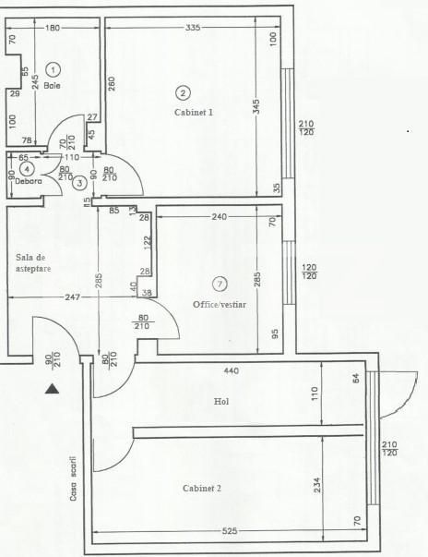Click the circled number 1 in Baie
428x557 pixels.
[x=53, y=69]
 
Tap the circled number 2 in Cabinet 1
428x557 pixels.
[x=183, y=92]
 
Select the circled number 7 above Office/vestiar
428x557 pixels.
[x=219, y=283]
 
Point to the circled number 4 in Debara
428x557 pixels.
[x=28, y=169]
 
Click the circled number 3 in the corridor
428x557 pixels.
[x=80, y=182]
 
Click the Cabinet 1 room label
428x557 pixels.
[x=193, y=112]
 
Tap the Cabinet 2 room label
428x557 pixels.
[x=201, y=488]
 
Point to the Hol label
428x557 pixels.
[x=220, y=402]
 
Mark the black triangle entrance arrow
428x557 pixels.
[x=53, y=390]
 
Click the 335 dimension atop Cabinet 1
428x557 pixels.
[x=192, y=29]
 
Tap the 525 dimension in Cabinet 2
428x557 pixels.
[x=228, y=530]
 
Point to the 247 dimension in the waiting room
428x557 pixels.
[x=49, y=298]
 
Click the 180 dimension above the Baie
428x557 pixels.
[x=53, y=29]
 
